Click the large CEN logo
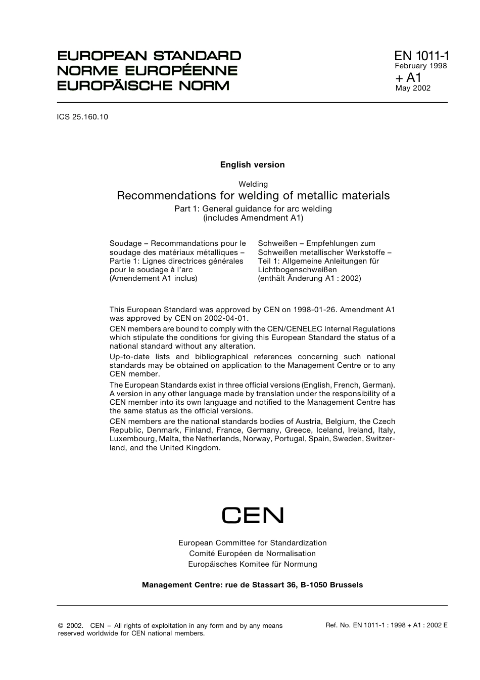[x=253, y=515]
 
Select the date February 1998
[x=420, y=66]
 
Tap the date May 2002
[x=413, y=88]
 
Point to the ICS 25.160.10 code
[x=82, y=117]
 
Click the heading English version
[x=252, y=164]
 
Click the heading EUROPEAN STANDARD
[x=149, y=56]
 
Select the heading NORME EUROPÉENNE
[x=147, y=70]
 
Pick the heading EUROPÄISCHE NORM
[x=143, y=85]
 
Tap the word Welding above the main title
[x=253, y=184]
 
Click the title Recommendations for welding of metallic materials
[x=253, y=196]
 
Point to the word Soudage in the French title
[x=125, y=244]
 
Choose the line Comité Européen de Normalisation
[x=252, y=554]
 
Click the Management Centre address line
[x=252, y=585]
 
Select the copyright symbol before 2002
[x=61, y=626]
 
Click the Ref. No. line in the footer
[x=387, y=625]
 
